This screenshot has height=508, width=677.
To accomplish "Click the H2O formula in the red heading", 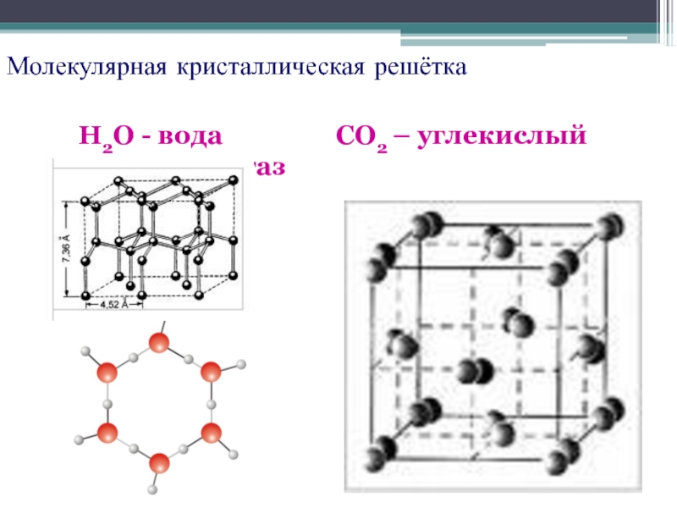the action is pyautogui.click(x=109, y=135).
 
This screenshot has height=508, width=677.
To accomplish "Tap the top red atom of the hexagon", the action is pyautogui.click(x=158, y=344).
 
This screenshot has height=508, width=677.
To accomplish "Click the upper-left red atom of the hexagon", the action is pyautogui.click(x=106, y=373).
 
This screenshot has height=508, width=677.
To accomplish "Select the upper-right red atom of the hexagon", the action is pyautogui.click(x=211, y=373).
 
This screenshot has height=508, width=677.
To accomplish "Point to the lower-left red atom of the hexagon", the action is pyautogui.click(x=107, y=433).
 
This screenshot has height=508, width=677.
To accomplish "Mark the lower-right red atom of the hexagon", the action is pyautogui.click(x=211, y=433).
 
